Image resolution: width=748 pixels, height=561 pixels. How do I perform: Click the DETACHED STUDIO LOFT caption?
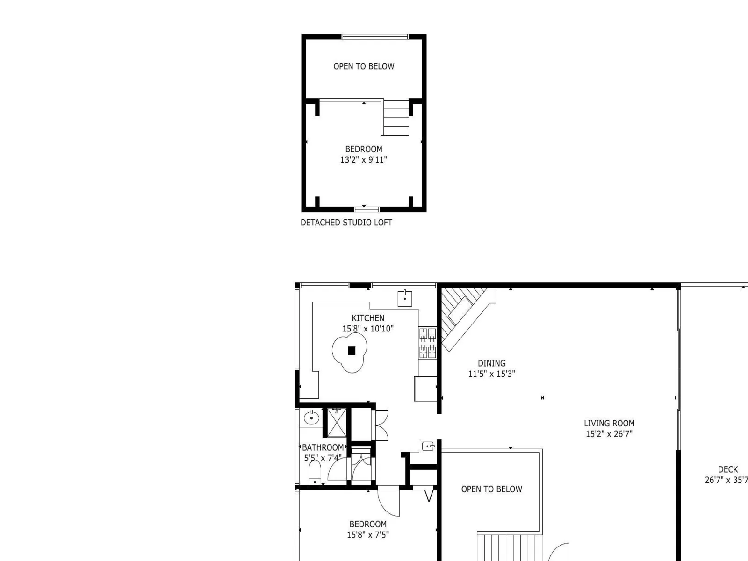[346, 223]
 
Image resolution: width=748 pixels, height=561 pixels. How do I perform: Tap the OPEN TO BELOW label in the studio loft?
[364, 66]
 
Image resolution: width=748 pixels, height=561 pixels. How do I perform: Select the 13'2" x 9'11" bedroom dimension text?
[364, 160]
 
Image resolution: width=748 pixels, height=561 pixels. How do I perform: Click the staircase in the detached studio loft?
[396, 117]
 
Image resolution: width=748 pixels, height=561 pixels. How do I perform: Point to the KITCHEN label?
[368, 318]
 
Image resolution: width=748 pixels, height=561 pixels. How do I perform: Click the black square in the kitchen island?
[352, 351]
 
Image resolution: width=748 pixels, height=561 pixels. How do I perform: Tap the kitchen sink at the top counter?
[405, 298]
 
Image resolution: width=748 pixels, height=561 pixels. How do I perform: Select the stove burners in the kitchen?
[427, 343]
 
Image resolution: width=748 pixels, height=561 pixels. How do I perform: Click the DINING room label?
[491, 363]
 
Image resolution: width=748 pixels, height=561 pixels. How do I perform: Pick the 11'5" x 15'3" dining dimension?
[491, 374]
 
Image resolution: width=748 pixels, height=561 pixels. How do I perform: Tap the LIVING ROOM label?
[609, 424]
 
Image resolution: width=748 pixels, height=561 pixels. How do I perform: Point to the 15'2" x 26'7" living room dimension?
[609, 434]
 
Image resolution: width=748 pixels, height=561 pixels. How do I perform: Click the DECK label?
[728, 470]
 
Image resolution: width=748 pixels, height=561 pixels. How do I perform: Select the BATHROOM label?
[323, 447]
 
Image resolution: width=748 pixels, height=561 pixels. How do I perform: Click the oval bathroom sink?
[311, 418]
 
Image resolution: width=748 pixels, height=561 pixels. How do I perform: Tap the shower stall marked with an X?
[337, 422]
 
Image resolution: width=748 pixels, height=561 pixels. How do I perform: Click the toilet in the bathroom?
[315, 472]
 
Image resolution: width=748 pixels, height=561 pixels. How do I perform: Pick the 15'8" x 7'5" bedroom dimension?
[368, 535]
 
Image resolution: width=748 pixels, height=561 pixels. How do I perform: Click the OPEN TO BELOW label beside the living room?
[491, 489]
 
